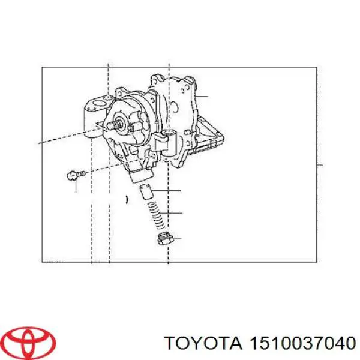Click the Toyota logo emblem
28,341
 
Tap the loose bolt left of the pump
73,175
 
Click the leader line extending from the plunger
168,191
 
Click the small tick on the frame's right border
320,164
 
